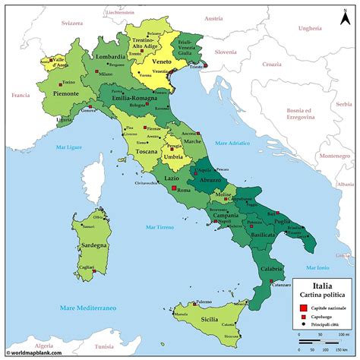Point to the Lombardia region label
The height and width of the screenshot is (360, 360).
111,56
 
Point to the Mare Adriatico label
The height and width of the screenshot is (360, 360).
232,142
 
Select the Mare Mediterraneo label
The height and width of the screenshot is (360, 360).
84,308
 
